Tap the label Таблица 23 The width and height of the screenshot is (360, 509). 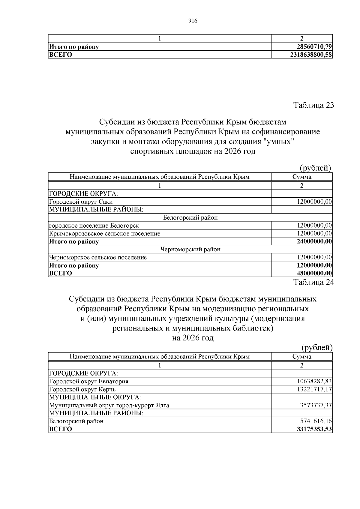[x=313, y=105]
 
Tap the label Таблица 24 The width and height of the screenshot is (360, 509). [x=313, y=282]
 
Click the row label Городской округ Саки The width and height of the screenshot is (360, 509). [x=81, y=202]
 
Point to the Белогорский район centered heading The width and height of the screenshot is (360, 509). [x=190, y=217]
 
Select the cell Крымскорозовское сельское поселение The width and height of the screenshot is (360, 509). [x=105, y=233]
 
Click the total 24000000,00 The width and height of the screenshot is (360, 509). [x=314, y=241]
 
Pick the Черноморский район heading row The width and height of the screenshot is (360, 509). [x=190, y=249]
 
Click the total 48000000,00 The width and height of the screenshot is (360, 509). [x=314, y=273]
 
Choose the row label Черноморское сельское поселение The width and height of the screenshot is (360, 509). [x=98, y=257]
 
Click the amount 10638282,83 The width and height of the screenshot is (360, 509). [x=314, y=381]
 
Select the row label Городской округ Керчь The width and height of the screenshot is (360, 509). [x=82, y=389]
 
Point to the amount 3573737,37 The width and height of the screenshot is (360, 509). [x=316, y=405]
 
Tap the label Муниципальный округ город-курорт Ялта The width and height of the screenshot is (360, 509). [x=109, y=405]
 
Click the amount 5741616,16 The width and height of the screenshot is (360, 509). [x=316, y=421]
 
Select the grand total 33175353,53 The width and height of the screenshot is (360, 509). [x=314, y=429]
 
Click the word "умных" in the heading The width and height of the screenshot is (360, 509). [x=279, y=141]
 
